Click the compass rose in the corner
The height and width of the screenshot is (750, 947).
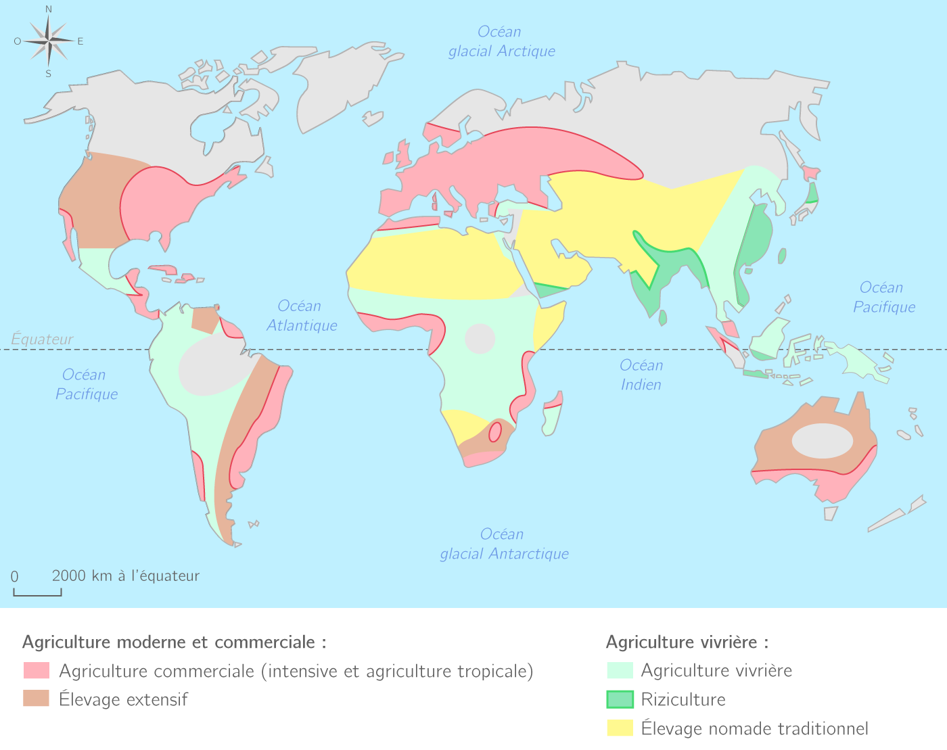(x=49, y=41)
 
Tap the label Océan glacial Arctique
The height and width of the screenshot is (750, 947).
(x=501, y=41)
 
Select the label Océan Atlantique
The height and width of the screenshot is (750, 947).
(x=301, y=316)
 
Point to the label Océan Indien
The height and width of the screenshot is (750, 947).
(x=641, y=375)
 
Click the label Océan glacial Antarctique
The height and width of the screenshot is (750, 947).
(x=504, y=544)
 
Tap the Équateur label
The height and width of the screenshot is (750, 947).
(x=42, y=339)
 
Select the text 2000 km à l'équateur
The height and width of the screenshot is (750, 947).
(x=125, y=576)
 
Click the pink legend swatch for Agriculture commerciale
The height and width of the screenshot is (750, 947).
(x=37, y=671)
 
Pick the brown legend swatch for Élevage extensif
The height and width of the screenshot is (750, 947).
(x=37, y=699)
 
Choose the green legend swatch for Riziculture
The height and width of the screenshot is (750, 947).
(x=620, y=699)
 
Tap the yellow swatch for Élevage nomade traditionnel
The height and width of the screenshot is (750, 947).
(x=620, y=728)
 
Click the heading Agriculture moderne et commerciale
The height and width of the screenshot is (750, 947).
(x=174, y=642)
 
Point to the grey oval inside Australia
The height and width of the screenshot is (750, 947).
(x=822, y=441)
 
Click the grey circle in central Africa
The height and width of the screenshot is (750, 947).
(x=480, y=339)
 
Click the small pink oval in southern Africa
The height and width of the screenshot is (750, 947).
(x=495, y=431)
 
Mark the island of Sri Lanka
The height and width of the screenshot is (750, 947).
(x=663, y=317)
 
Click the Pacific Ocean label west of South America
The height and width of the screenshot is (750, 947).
(x=86, y=384)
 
